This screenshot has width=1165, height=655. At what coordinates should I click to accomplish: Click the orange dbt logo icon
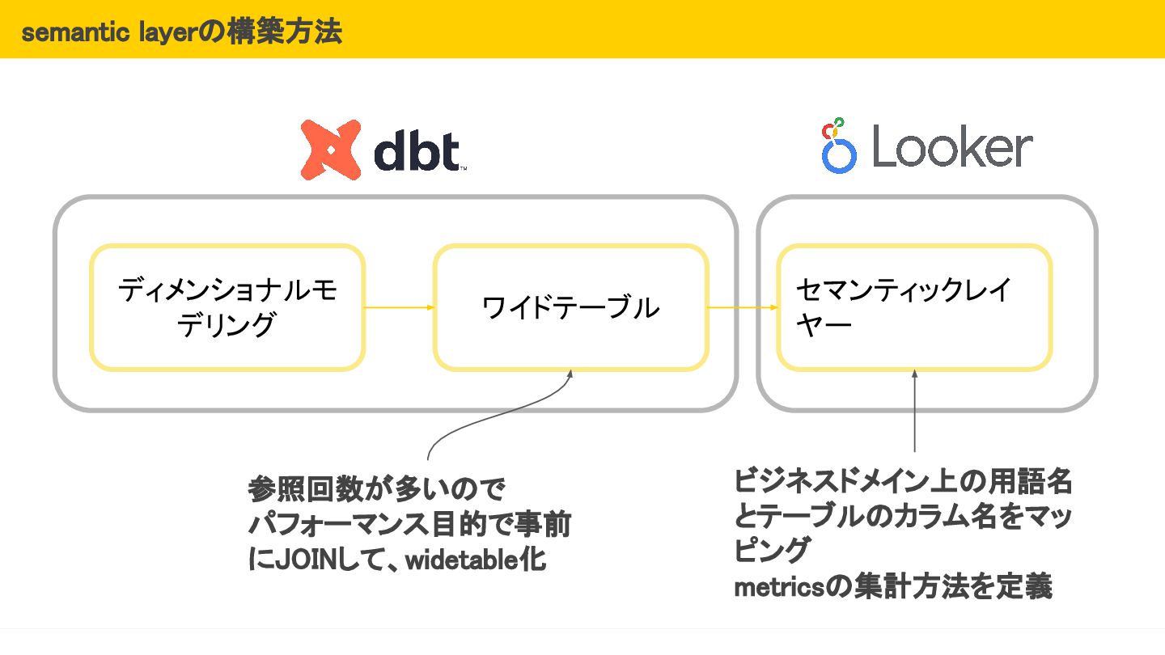click(x=330, y=150)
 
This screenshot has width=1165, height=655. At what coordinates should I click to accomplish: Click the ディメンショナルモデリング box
click(x=227, y=307)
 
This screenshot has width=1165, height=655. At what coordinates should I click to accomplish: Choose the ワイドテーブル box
click(x=570, y=307)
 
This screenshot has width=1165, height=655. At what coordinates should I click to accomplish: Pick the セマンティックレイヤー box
click(x=914, y=307)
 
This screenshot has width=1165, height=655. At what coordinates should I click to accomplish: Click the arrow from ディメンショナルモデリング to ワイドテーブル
click(x=400, y=307)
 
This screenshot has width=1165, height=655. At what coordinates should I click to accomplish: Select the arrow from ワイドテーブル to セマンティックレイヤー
click(x=743, y=307)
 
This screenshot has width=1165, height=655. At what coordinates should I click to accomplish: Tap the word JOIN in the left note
click(x=306, y=560)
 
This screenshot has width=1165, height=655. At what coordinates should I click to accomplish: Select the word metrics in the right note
click(x=777, y=587)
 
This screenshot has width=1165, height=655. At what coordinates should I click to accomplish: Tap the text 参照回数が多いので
click(x=376, y=489)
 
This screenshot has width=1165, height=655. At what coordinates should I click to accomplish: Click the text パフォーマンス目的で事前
click(x=409, y=525)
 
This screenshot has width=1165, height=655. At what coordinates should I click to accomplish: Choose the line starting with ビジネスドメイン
click(x=903, y=482)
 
